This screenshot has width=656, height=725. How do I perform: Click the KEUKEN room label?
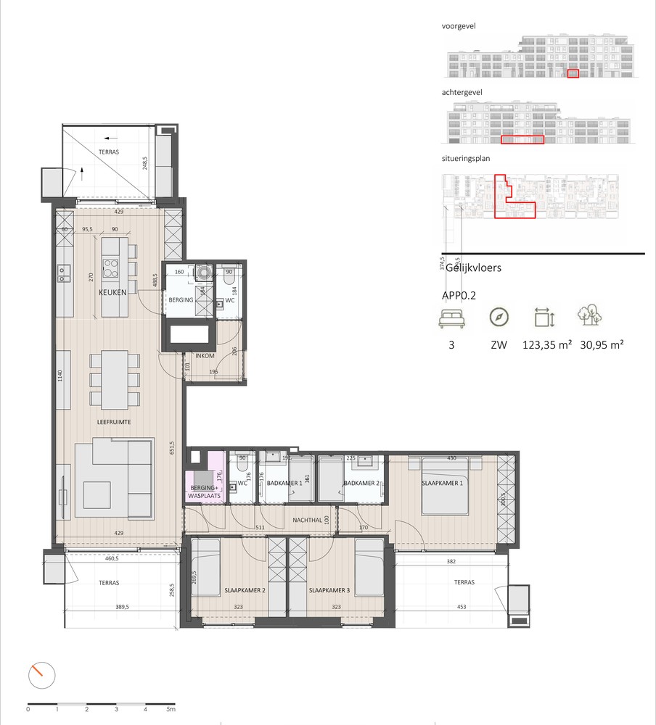pyautogui.click(x=114, y=292)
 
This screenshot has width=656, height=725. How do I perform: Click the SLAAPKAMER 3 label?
pyautogui.click(x=329, y=591)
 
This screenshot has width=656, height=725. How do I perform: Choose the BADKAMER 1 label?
pyautogui.click(x=284, y=484)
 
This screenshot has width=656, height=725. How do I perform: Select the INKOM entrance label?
pyautogui.click(x=203, y=355)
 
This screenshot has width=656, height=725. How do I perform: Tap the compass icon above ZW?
pyautogui.click(x=499, y=318)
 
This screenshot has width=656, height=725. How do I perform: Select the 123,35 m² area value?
pyautogui.click(x=548, y=346)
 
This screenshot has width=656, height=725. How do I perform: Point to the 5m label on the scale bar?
pyautogui.click(x=172, y=710)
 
